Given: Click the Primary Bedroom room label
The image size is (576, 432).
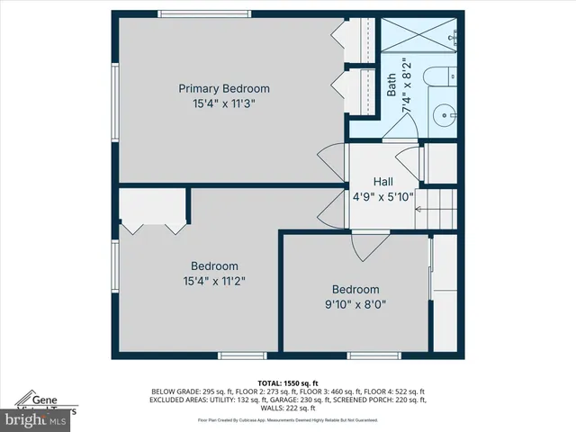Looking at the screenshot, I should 224,88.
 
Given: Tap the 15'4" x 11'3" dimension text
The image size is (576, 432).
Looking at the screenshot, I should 224,103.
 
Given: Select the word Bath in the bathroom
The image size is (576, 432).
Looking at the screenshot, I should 391,85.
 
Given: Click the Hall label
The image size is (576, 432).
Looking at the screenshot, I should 382,181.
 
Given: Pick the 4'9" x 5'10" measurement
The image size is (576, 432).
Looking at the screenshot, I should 382,196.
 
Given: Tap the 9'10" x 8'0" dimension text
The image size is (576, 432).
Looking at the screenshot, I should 355,304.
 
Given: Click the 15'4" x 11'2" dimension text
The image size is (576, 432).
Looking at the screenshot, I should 214,281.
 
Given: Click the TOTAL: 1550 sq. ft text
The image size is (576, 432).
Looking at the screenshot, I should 288,382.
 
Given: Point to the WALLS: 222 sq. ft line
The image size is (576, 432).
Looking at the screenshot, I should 288,409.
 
